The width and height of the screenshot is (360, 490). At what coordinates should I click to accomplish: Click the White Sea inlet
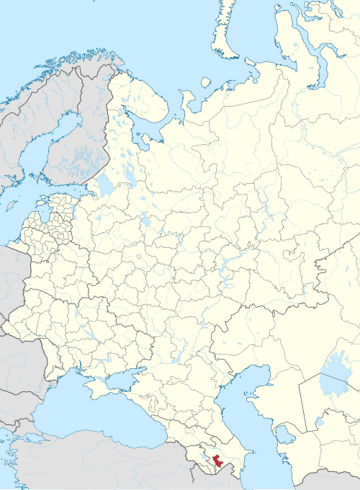click(x=155, y=130)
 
